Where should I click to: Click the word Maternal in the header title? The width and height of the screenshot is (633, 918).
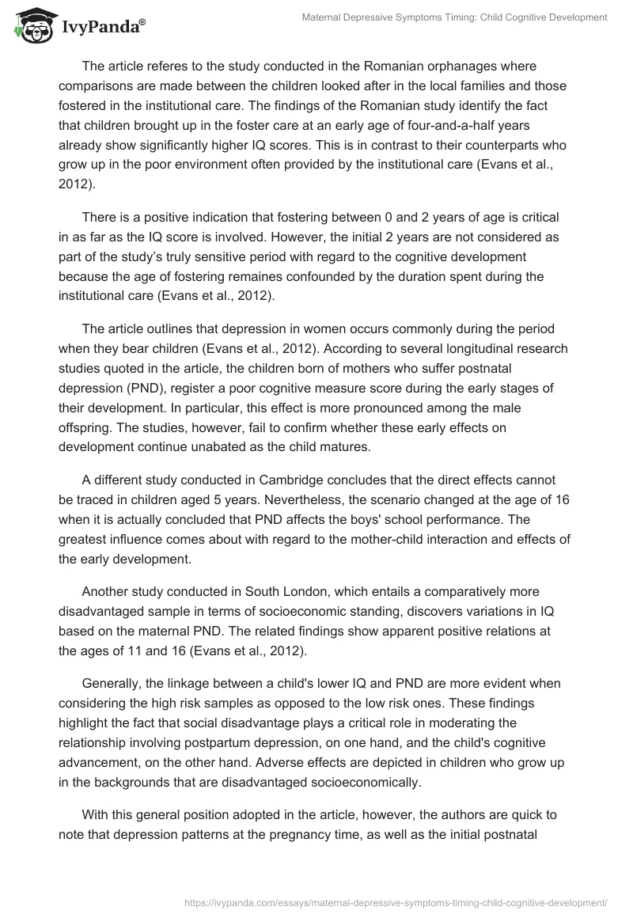pyautogui.click(x=324, y=17)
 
